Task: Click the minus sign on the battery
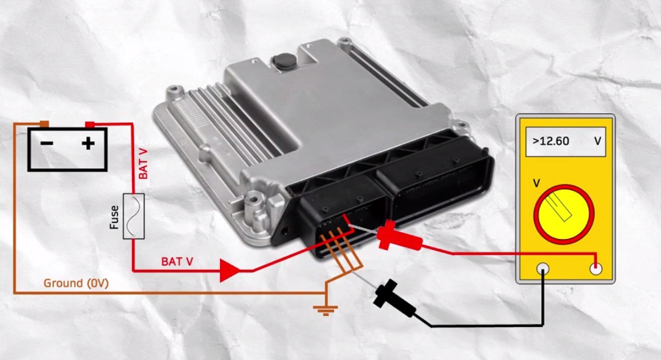coord(47,143)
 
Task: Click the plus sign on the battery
coord(88,143)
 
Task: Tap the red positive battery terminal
coord(90,124)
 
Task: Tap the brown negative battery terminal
coord(44,124)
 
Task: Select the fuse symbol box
coord(134,216)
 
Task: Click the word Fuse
coord(114,218)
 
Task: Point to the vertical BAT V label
coord(143,164)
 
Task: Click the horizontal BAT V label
coord(177,262)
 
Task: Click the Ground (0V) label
coord(76,283)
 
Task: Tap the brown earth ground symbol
coord(325,310)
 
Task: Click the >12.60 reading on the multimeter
coord(551,141)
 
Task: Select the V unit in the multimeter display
coord(598,141)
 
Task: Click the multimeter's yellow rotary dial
coord(564,214)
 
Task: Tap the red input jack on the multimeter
coord(596,269)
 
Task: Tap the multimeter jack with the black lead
coord(542,269)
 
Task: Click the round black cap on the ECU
coord(281,61)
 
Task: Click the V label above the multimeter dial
coord(537,183)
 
